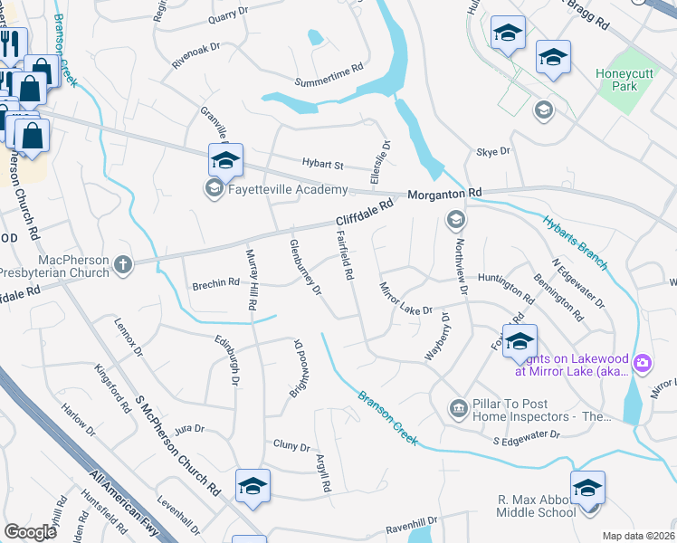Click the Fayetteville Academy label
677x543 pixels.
288,189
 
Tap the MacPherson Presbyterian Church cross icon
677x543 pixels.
123,264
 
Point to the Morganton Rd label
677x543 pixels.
445,195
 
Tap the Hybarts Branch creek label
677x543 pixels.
576,242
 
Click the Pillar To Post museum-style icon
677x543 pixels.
458,410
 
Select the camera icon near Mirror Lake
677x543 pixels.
643,364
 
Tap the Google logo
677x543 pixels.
31,531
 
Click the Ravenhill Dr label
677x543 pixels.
412,522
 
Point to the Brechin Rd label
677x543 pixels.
215,283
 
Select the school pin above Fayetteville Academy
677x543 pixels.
224,162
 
